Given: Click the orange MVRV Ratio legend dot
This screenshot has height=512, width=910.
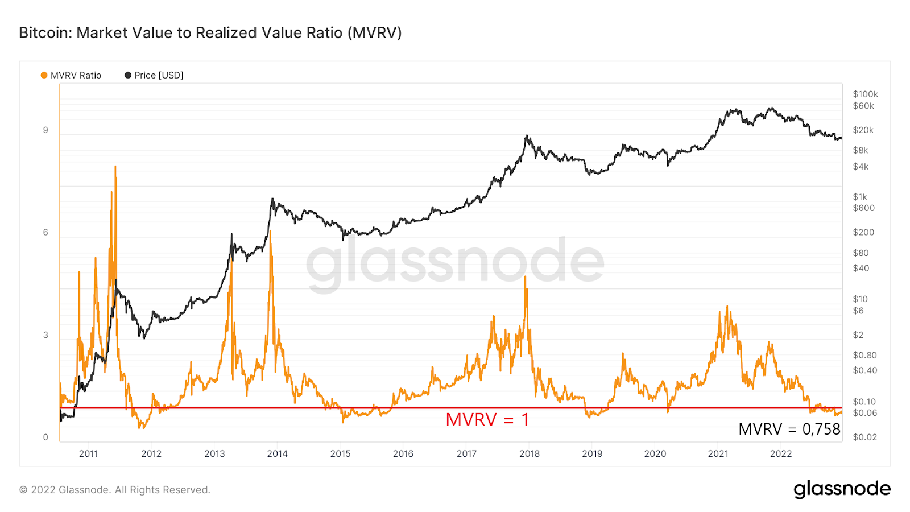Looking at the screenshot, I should click(x=44, y=75).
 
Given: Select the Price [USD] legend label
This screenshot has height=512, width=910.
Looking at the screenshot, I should click(x=159, y=75).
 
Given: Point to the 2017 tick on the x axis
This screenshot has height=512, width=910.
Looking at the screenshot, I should click(x=466, y=453).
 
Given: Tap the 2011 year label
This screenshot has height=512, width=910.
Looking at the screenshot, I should click(x=89, y=453).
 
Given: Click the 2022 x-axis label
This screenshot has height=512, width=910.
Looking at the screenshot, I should click(x=781, y=453).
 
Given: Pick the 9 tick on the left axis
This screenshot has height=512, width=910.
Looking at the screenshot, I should click(x=45, y=130).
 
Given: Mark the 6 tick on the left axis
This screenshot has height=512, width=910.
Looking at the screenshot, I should click(x=45, y=232).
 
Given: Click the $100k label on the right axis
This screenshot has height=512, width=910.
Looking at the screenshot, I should click(x=865, y=94).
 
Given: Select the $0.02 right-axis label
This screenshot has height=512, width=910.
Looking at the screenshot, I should click(x=864, y=437).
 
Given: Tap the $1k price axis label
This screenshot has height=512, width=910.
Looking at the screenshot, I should click(x=860, y=197).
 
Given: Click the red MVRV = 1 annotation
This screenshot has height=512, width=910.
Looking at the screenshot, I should click(x=487, y=420).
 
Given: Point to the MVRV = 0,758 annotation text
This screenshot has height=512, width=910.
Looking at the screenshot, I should click(x=789, y=429).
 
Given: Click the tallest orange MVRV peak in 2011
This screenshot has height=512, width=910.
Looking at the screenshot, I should click(x=115, y=167).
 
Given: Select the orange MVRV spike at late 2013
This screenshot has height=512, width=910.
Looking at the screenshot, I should click(x=270, y=232).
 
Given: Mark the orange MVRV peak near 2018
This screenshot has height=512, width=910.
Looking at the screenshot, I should click(x=526, y=278).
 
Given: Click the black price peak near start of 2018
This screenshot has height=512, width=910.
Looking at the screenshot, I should click(x=527, y=136).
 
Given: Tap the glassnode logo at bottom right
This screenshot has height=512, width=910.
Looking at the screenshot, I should click(x=842, y=489).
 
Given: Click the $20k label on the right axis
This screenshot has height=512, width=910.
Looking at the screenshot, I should click(x=863, y=130).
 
